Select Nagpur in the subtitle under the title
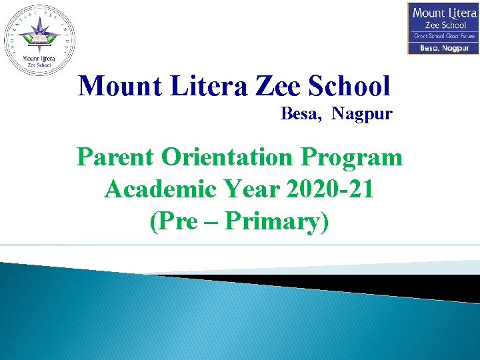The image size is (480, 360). [362, 115]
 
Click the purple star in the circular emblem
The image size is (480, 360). [39, 32]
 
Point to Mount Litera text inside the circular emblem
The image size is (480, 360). [39, 58]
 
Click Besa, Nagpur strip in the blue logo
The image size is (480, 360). [443, 48]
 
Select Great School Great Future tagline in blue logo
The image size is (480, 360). [443, 36]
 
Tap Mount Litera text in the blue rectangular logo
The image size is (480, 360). [443, 13]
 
